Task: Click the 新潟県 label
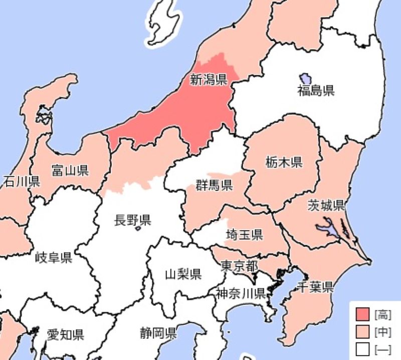click(x=209, y=79)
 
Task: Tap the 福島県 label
click(x=316, y=91)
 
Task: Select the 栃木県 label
click(x=284, y=162)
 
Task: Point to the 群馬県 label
click(x=215, y=186)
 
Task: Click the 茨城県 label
click(x=326, y=205)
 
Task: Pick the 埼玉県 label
click(x=245, y=234)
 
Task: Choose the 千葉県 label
click(x=315, y=287)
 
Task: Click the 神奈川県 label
click(x=241, y=293)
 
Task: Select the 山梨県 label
click(x=183, y=274)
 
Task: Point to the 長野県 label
click(x=133, y=220)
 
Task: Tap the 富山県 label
click(x=70, y=170)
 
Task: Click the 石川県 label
click(x=21, y=181)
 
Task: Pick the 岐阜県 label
click(x=54, y=258)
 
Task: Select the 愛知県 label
click(x=65, y=334)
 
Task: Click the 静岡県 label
click(x=158, y=332)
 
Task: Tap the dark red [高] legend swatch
click(x=362, y=315)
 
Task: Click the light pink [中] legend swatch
click(x=362, y=332)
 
